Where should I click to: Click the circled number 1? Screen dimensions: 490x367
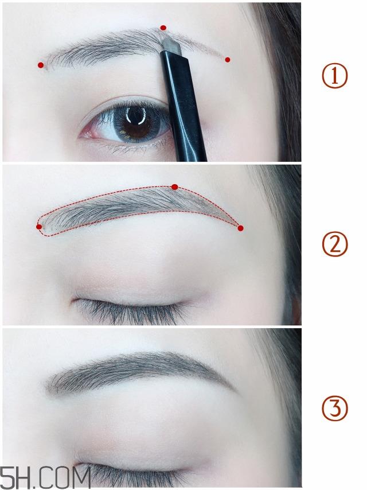click(x=334, y=77)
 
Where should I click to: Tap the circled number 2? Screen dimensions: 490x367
click(x=334, y=246)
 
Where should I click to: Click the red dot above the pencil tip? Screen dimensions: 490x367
click(x=163, y=28)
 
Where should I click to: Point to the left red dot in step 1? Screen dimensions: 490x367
click(x=41, y=65)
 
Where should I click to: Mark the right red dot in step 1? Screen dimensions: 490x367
click(x=228, y=60)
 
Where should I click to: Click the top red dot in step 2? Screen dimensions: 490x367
click(x=175, y=186)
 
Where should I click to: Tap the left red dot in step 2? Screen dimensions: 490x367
click(x=39, y=227)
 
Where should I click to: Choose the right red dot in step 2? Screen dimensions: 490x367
click(x=240, y=228)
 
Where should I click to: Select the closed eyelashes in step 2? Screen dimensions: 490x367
click(x=132, y=310)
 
